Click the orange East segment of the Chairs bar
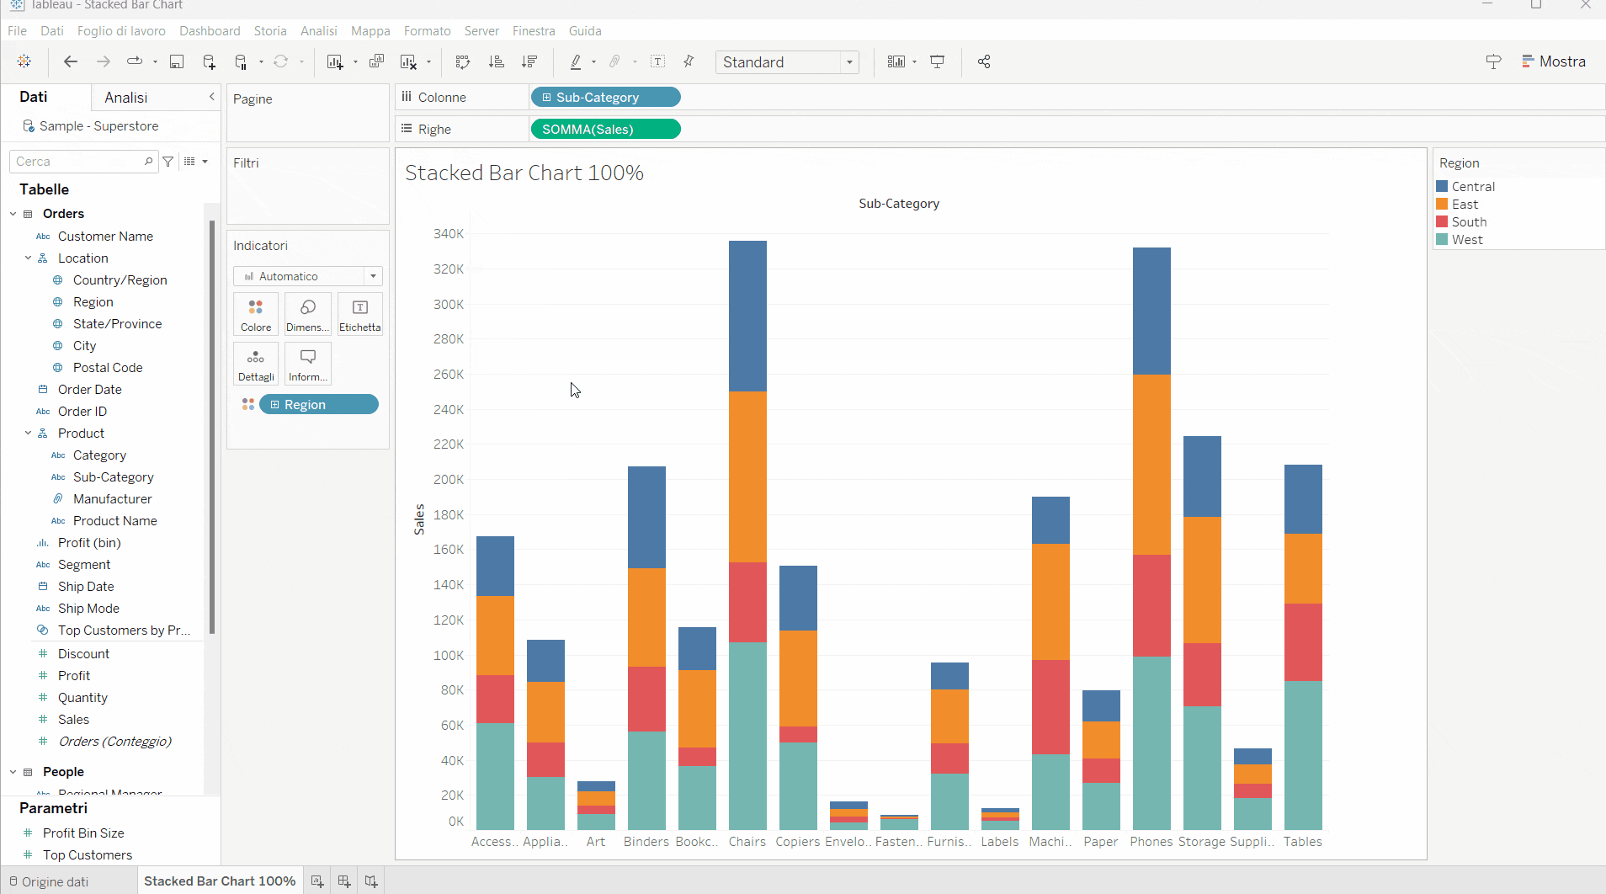tap(747, 476)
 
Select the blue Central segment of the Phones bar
tap(1151, 311)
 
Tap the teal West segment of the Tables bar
tap(1303, 755)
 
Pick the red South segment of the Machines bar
tap(1050, 706)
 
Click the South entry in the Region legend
tap(1469, 222)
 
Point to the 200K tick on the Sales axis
tap(449, 480)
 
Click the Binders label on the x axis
tap(646, 842)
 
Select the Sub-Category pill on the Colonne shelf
tap(605, 98)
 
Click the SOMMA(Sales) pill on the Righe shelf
tap(605, 130)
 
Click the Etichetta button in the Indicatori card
tap(360, 314)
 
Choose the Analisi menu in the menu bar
tap(318, 31)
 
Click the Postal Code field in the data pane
tap(108, 368)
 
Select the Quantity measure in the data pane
tap(82, 698)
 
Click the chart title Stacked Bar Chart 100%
tap(524, 173)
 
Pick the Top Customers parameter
tap(88, 855)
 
